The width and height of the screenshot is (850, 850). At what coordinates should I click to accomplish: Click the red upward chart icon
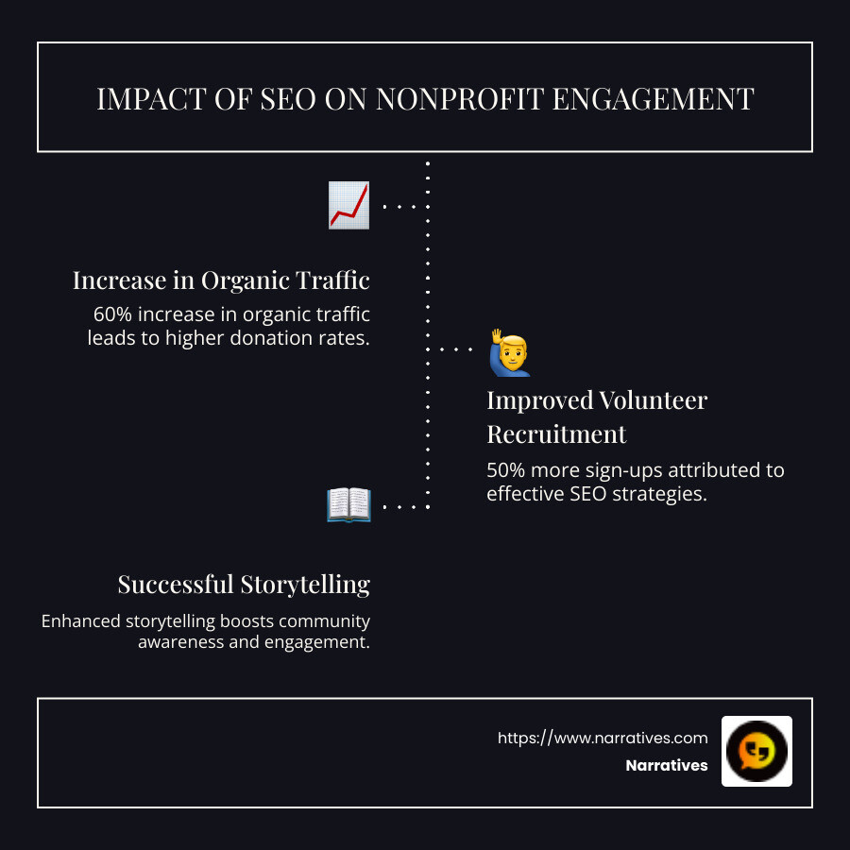pos(348,205)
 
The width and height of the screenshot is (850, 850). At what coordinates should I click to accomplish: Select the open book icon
pos(348,505)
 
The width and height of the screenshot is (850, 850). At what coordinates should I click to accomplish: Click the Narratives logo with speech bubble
pos(756,751)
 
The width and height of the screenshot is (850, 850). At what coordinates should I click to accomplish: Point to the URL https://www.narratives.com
pos(603,738)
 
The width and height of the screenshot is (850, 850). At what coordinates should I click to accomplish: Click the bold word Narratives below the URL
pos(666,766)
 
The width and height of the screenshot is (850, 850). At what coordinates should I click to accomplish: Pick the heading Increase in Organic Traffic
pos(221,280)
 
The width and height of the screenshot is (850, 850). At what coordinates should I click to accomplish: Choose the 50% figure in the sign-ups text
pos(506,469)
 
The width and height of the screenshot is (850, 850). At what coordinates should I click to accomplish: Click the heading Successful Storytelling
pos(244,585)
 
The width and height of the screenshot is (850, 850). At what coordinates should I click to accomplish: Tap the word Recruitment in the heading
pos(556,434)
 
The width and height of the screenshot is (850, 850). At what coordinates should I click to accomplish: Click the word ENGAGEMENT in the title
pos(669,98)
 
